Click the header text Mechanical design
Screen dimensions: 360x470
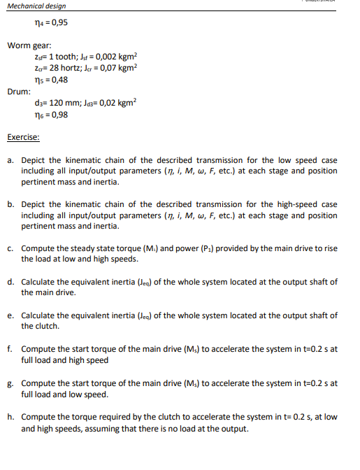point(36,6)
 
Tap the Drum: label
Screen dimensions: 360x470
point(19,91)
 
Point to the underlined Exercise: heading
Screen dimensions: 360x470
point(24,138)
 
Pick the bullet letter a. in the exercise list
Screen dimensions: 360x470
point(11,160)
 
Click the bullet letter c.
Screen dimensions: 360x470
point(11,248)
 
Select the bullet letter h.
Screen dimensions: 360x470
point(11,416)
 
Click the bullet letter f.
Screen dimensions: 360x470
point(11,348)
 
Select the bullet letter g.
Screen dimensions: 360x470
point(11,383)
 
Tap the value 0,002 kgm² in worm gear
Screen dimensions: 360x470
point(115,57)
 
